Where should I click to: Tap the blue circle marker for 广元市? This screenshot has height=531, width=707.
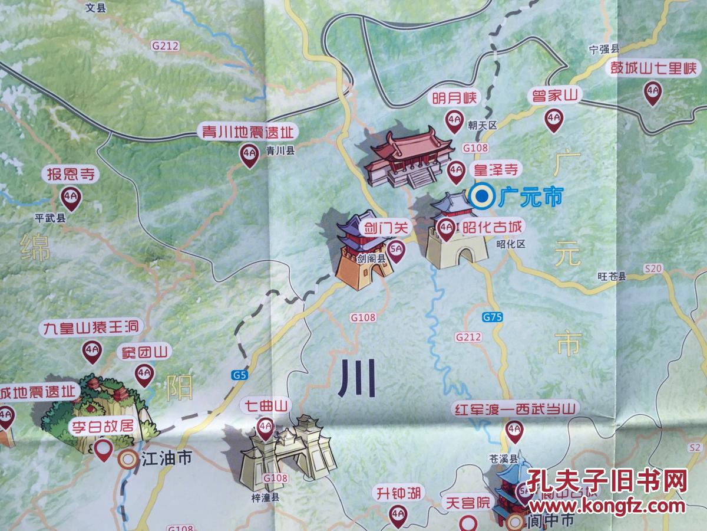[483, 196]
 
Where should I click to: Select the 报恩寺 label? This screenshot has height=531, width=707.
[70, 174]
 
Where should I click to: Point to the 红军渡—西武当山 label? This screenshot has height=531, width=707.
[508, 409]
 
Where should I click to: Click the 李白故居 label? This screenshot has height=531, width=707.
[103, 427]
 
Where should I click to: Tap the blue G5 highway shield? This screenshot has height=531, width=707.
[240, 375]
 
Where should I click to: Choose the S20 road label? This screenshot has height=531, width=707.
[653, 269]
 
